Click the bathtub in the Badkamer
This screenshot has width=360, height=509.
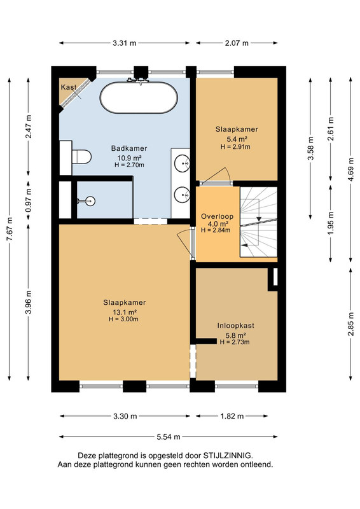click(139, 97)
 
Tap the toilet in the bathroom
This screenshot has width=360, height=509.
click(81, 157)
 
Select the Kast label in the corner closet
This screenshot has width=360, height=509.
click(69, 87)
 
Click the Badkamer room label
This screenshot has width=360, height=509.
click(129, 148)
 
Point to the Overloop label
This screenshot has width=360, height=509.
click(217, 216)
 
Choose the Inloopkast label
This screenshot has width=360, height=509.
click(236, 326)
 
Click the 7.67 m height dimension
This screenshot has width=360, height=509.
click(10, 229)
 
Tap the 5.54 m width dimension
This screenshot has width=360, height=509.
click(168, 437)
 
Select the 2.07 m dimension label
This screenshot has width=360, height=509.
click(237, 43)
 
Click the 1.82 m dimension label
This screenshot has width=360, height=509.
click(232, 416)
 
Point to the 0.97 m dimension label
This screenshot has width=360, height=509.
click(29, 200)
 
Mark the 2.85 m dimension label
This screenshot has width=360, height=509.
click(350, 324)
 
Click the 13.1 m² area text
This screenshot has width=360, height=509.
click(124, 312)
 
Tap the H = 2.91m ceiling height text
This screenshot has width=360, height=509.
click(235, 147)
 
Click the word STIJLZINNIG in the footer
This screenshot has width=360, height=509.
click(227, 456)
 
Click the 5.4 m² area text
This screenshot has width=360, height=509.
click(237, 139)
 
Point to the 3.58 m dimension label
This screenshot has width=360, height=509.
click(310, 148)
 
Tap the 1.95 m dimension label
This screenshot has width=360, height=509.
click(331, 223)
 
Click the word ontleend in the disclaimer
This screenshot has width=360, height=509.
click(257, 464)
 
